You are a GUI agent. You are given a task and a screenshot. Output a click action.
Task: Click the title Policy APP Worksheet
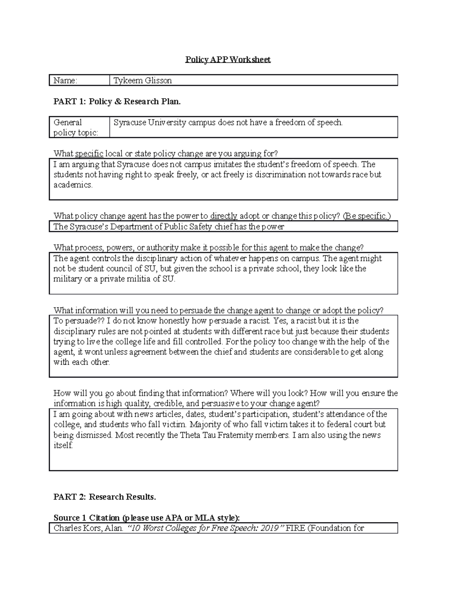tap(228, 59)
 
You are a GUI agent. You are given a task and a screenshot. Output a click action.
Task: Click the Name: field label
tap(65, 80)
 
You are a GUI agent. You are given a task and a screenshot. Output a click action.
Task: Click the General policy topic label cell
tap(76, 127)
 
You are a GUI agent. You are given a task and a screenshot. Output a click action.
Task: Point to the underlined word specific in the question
tap(89, 154)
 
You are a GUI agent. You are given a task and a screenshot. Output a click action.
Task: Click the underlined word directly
tap(224, 216)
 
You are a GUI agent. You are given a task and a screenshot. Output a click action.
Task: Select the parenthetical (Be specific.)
tap(366, 216)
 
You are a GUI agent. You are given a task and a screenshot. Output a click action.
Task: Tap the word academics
tap(73, 185)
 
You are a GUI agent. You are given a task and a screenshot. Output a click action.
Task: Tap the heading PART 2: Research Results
tap(105, 497)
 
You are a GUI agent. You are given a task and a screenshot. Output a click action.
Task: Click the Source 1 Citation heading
tap(147, 518)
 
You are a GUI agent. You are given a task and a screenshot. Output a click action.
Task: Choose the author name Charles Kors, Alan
tap(88, 528)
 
